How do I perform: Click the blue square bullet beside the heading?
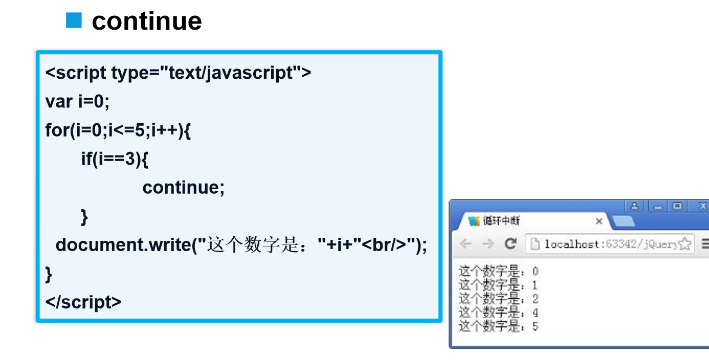[x=74, y=21]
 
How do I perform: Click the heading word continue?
[x=147, y=21]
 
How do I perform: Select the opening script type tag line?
[x=178, y=73]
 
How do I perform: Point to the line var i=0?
[x=77, y=102]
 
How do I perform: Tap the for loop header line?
[x=118, y=130]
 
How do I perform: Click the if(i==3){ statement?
[x=115, y=159]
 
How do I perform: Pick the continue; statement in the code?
[x=183, y=188]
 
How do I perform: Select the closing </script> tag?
[x=83, y=302]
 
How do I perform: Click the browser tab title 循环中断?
[x=501, y=221]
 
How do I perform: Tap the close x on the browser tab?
[x=599, y=221]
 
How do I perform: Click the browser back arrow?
[x=466, y=244]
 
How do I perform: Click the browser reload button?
[x=510, y=244]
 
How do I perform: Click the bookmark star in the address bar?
[x=685, y=244]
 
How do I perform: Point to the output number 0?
[x=535, y=272]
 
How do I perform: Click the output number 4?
[x=535, y=312]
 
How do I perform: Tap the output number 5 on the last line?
[x=535, y=326]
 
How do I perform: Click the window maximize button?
[x=678, y=206]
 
